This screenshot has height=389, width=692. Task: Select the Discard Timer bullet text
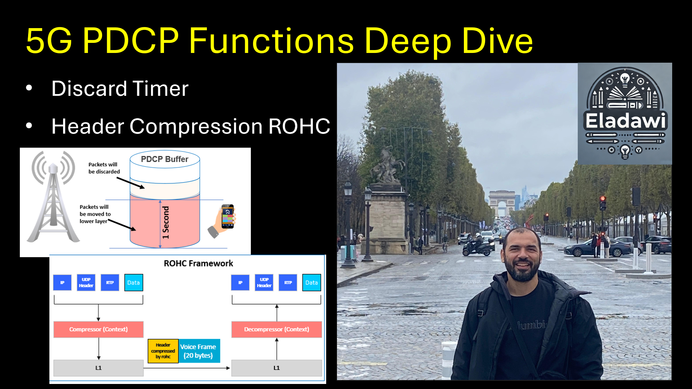[x=120, y=89]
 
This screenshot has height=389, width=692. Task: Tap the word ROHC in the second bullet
[x=299, y=126]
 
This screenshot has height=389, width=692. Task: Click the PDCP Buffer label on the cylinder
[x=164, y=159]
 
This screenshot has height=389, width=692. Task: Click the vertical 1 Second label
[x=165, y=222]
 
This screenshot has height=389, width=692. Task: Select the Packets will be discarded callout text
[x=104, y=168]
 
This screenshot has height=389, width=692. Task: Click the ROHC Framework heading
[x=198, y=263]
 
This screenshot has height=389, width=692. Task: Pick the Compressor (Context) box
[x=98, y=329]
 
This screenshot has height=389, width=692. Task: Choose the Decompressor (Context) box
[x=276, y=329]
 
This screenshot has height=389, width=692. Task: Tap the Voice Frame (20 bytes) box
[x=198, y=351]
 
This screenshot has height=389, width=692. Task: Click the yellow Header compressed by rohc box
[x=163, y=351]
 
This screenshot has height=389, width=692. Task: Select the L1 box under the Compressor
[x=98, y=368]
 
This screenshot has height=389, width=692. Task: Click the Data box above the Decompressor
[x=311, y=283]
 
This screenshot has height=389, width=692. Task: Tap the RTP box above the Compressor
[x=110, y=283]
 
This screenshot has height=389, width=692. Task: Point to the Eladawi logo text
[x=625, y=121]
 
